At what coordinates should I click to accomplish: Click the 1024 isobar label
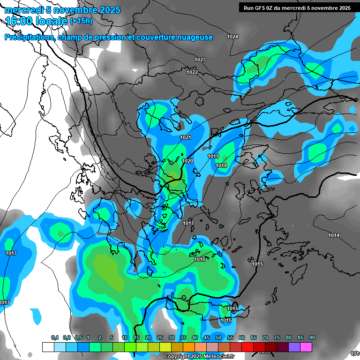[x=232, y=37]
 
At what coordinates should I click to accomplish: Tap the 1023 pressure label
[x=200, y=60]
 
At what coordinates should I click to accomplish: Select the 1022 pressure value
[x=192, y=72]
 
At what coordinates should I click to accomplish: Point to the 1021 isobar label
[x=186, y=137]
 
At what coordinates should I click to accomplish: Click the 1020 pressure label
[x=187, y=161]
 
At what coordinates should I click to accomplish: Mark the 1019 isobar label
[x=213, y=156]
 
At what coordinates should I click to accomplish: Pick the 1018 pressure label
[x=221, y=165]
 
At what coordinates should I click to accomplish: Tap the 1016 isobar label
[x=200, y=259]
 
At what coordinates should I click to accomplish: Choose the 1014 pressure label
[x=334, y=235]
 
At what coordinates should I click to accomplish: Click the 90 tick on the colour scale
[x=312, y=337]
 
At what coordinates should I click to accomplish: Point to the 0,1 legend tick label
[x=55, y=337]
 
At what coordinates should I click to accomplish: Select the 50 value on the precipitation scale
[x=218, y=337]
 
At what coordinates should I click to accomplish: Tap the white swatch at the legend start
[x=48, y=347]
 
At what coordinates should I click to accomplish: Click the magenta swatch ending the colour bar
[x=306, y=347]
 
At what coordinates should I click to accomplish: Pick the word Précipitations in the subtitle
[x=29, y=37]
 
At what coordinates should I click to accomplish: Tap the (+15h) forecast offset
[x=81, y=21]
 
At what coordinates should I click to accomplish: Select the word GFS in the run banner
[x=261, y=8]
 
